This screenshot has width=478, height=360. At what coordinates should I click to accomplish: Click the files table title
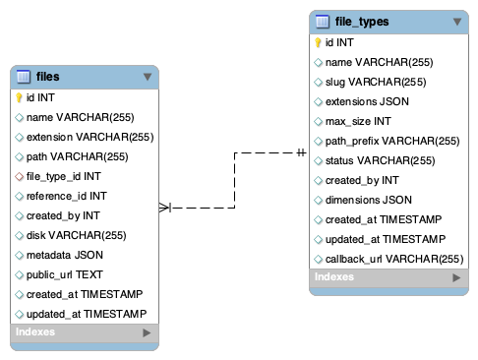(47, 76)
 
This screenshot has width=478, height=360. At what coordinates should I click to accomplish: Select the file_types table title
(362, 21)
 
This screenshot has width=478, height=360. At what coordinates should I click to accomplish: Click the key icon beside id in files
(19, 97)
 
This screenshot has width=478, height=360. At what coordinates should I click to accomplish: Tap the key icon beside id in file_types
(318, 42)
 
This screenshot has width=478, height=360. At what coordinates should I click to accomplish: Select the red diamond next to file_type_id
(19, 176)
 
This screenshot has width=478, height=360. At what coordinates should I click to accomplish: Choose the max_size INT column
(358, 121)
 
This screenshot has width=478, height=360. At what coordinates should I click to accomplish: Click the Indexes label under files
(35, 332)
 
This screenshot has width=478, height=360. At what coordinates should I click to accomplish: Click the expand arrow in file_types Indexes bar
(455, 278)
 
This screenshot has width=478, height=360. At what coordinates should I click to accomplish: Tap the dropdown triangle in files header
(148, 76)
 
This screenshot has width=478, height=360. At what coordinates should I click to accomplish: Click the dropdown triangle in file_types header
(456, 21)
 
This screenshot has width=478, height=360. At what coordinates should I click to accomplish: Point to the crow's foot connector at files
(165, 208)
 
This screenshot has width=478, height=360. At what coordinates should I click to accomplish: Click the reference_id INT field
(67, 196)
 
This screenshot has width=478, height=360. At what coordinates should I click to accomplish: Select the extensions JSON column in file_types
(367, 101)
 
